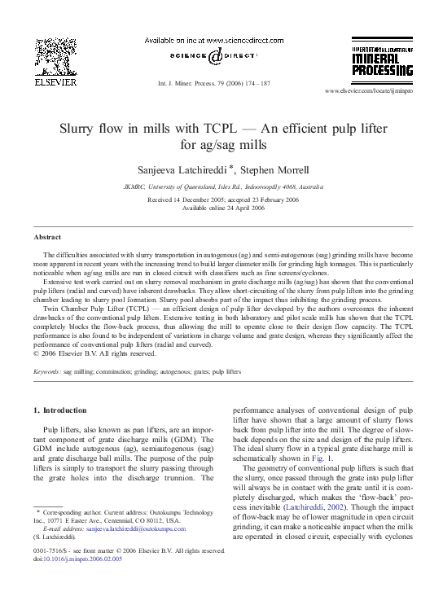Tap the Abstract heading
46,236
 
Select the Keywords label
46,370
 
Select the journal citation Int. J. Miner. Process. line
221,83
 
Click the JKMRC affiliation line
221,185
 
